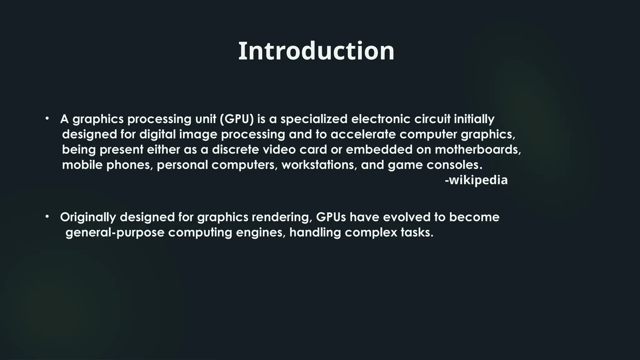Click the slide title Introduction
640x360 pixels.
click(316, 51)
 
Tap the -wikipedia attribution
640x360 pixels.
click(476, 180)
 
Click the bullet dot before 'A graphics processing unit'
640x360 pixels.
click(47, 119)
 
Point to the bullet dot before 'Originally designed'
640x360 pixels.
click(47, 216)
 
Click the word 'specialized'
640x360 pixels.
click(314, 119)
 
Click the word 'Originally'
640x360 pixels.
click(88, 217)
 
